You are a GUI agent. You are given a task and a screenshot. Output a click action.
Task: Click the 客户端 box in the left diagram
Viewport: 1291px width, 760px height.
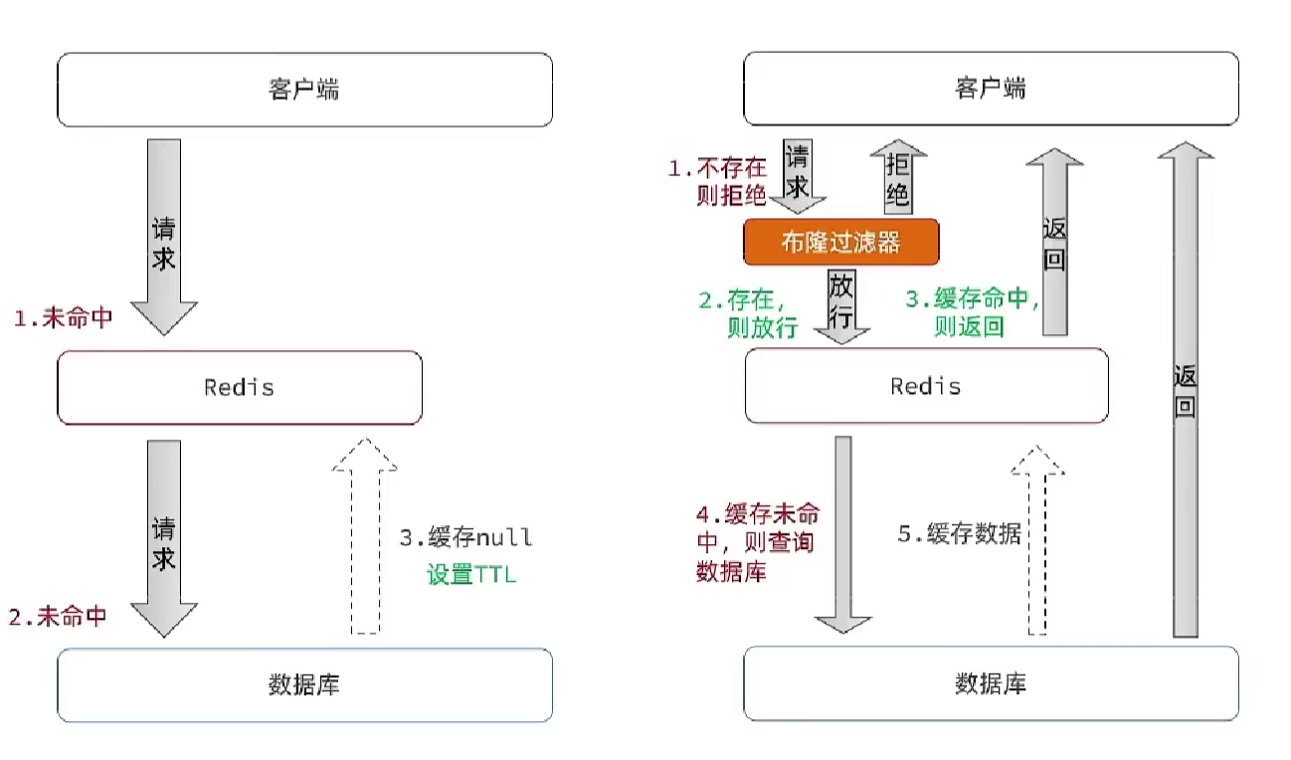[x=304, y=90]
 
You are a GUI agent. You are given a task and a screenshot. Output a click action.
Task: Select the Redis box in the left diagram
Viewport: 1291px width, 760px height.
[x=240, y=387]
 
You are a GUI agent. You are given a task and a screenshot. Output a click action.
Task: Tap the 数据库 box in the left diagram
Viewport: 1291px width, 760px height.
[x=304, y=684]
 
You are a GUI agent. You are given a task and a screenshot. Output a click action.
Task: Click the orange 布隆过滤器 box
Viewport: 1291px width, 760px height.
[x=840, y=242]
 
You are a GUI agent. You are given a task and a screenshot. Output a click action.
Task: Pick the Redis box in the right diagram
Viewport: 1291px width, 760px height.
[x=926, y=386]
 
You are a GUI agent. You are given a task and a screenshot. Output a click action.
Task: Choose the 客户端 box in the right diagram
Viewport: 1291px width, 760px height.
[x=991, y=90]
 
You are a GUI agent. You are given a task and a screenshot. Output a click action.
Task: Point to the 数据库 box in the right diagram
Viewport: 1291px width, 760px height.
[x=991, y=684]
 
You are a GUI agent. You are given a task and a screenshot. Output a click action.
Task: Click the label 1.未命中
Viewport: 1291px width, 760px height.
[x=63, y=319]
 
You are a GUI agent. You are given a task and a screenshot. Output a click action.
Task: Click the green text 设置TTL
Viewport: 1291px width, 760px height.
[x=471, y=574]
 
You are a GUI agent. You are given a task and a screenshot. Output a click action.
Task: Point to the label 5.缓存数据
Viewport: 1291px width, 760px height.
[x=959, y=533]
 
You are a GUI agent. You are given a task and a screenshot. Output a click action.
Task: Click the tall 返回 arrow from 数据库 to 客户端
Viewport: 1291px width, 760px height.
[x=1185, y=388]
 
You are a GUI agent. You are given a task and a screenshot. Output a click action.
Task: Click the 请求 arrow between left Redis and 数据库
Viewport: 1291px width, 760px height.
[x=164, y=537]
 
